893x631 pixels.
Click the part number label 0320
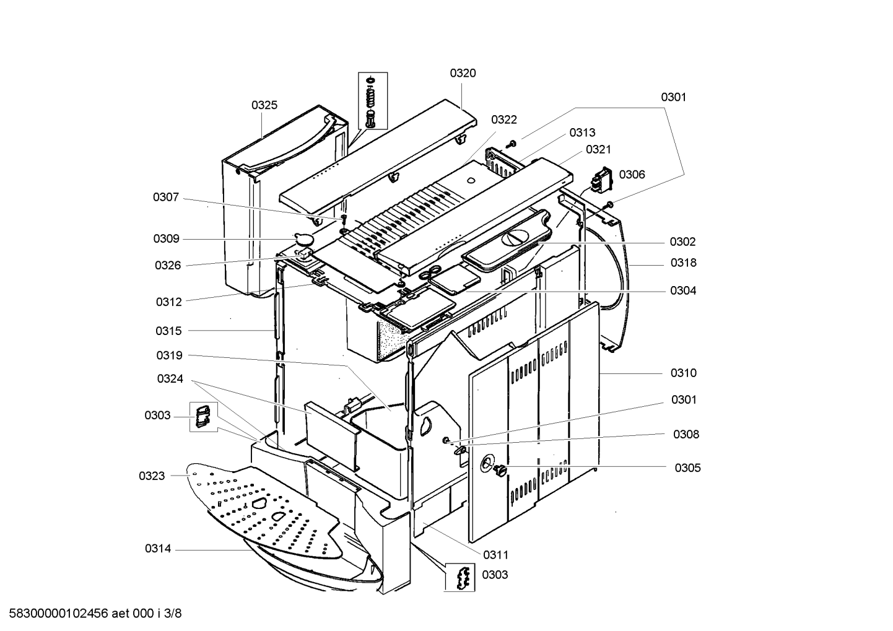463,73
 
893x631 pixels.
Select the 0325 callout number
264,105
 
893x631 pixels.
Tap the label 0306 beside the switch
632,175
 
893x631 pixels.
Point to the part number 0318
683,263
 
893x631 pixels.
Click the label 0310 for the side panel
683,373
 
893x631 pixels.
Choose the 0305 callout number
687,468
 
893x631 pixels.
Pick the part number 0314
158,549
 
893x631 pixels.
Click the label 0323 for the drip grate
152,476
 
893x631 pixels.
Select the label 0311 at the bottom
496,555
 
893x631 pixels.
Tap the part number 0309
166,239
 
